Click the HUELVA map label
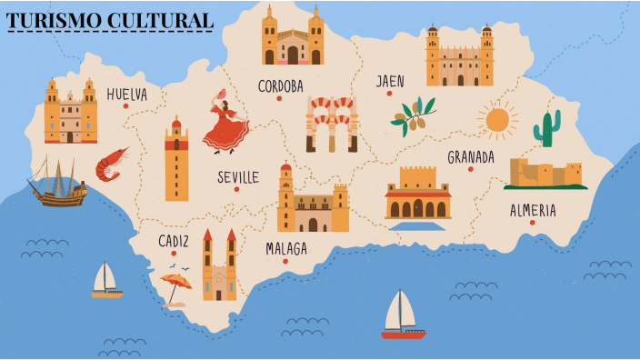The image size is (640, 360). [126, 94]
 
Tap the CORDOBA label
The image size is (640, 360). [280, 86]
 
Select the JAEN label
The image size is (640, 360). [390, 82]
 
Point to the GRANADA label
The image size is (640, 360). [471, 157]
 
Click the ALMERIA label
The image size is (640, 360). [533, 210]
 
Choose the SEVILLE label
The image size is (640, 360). [238, 177]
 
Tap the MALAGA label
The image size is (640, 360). [286, 248]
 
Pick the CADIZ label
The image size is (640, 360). [174, 241]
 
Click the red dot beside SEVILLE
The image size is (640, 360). [236, 189]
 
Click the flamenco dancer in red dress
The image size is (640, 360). [225, 123]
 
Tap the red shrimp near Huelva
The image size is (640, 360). [112, 164]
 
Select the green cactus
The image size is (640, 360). [546, 128]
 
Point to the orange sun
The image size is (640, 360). [497, 120]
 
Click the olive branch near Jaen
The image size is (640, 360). [413, 115]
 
